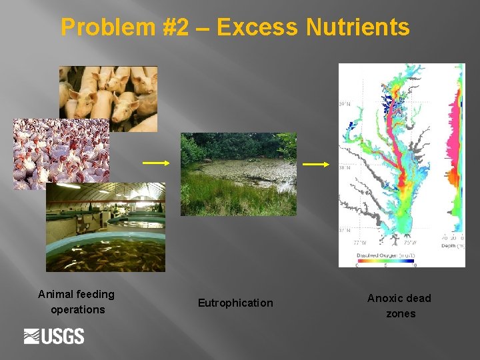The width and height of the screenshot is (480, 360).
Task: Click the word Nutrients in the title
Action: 357,27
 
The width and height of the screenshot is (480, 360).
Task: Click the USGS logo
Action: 54,336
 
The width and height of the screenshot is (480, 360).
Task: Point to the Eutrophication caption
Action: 235,303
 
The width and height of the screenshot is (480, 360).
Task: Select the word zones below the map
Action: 400,313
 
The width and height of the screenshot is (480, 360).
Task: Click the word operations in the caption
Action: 77,309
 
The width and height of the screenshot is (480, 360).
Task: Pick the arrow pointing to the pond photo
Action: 156,163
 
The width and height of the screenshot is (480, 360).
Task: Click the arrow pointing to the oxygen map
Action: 316,164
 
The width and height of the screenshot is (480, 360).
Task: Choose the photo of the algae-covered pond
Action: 239,174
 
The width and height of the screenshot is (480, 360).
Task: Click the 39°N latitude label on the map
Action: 345,105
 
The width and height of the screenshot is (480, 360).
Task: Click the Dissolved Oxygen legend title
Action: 378,255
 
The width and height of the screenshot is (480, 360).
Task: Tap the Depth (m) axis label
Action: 453,245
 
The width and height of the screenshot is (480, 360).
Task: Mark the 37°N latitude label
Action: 345,231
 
